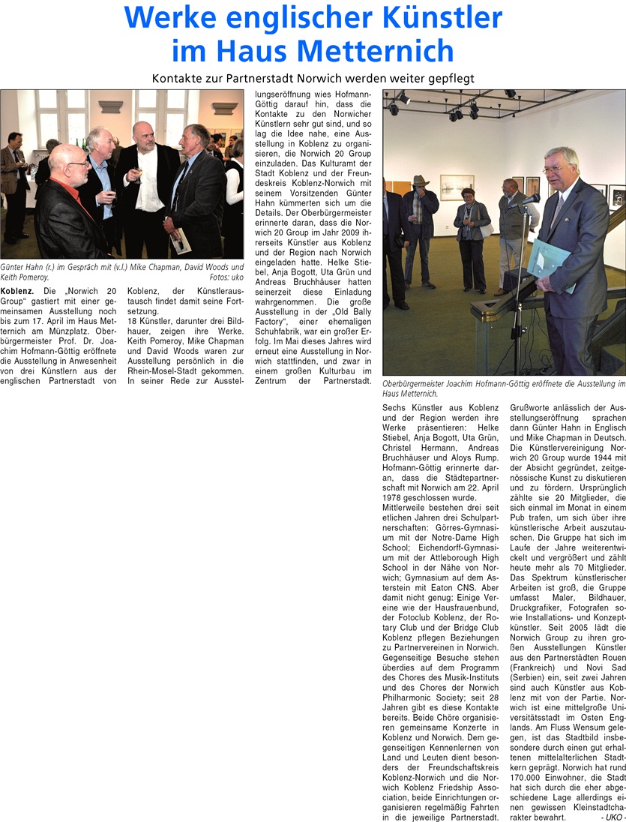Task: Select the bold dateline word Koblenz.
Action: click(x=16, y=290)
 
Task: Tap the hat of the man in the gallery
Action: click(x=418, y=181)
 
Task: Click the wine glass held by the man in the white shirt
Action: click(x=138, y=175)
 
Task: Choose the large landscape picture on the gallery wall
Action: click(x=457, y=187)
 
